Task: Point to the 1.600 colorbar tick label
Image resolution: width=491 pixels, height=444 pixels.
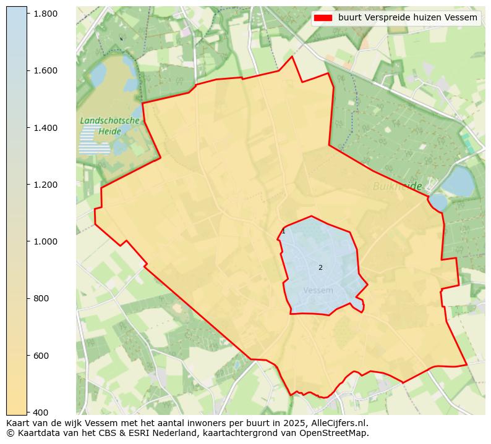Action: click(45, 70)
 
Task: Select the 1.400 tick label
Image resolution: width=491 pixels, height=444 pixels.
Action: click(45, 128)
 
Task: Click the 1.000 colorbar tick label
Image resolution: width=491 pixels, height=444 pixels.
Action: click(45, 241)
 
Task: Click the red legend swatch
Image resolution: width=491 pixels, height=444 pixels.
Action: click(323, 18)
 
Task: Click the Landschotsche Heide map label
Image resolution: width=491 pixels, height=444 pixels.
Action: click(109, 126)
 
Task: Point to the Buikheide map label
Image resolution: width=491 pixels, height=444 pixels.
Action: click(397, 186)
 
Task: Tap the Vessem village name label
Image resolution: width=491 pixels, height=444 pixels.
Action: click(318, 290)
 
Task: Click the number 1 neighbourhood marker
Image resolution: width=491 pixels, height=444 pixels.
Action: click(283, 232)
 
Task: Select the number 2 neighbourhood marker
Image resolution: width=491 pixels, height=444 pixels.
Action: click(320, 267)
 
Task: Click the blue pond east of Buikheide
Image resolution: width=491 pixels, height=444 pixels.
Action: click(458, 180)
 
